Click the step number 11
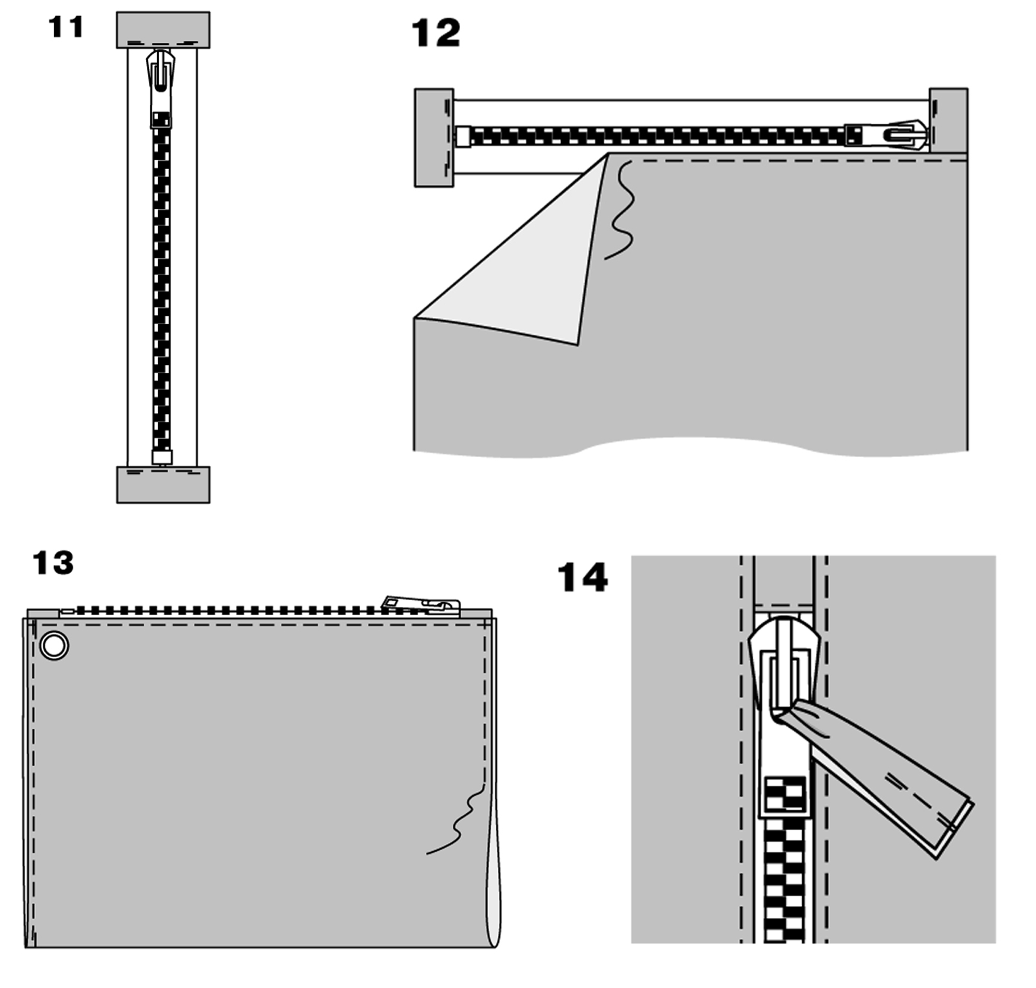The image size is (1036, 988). [x=66, y=27]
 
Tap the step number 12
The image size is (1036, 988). [x=436, y=33]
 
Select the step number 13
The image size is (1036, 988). [x=53, y=563]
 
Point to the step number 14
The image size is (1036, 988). [x=583, y=577]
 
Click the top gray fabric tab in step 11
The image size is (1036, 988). [x=163, y=30]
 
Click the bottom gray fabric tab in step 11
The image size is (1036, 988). [x=163, y=485]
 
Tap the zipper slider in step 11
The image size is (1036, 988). [x=161, y=87]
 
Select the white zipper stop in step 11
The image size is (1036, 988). [x=162, y=457]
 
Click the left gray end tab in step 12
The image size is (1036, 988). [x=434, y=137]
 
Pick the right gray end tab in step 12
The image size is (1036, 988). [x=949, y=121]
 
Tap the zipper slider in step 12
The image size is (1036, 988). [x=886, y=135]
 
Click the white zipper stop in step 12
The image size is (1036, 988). [x=463, y=136]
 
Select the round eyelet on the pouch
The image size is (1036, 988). [x=54, y=645]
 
